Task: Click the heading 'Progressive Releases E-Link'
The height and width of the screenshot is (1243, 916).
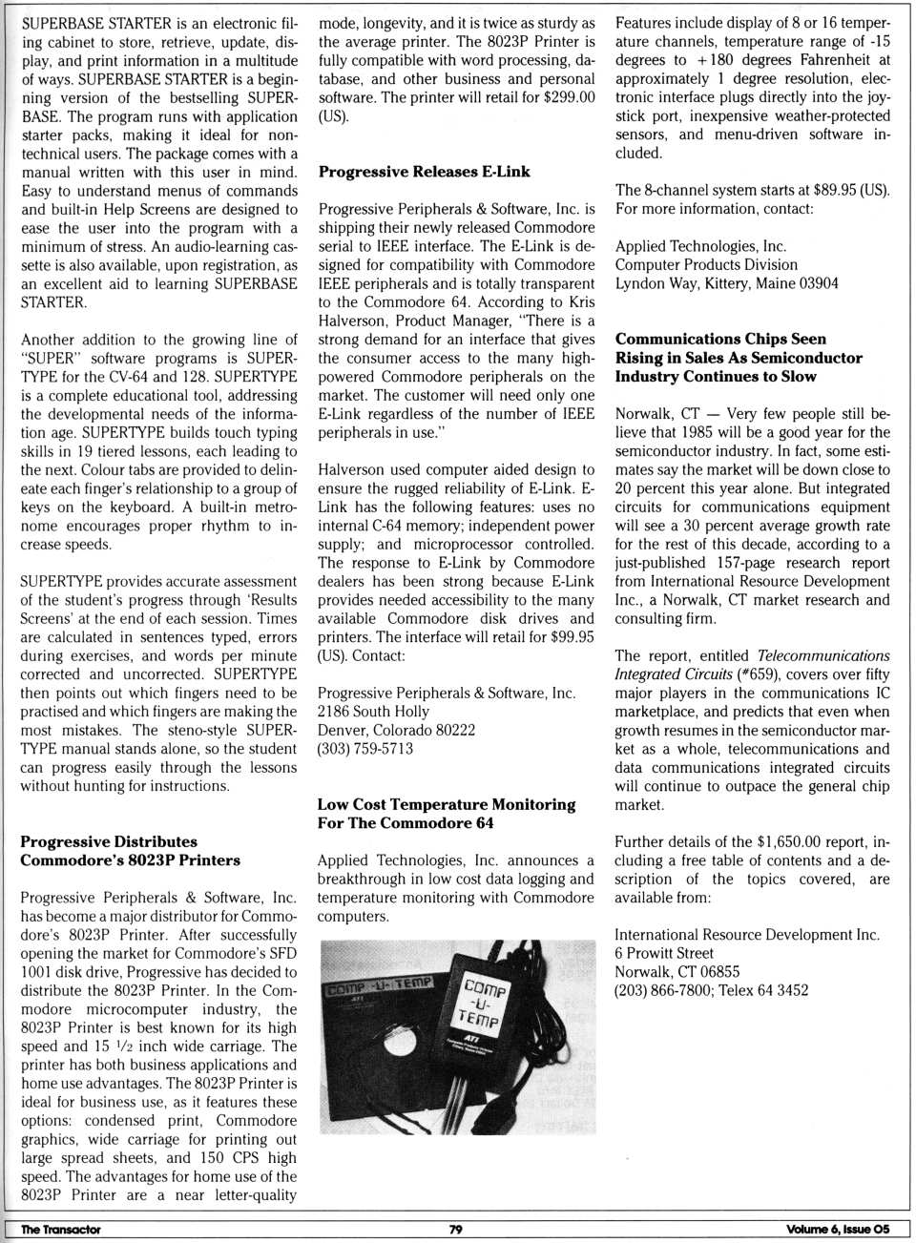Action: [424, 172]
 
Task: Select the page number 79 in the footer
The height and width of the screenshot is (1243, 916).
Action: [455, 1229]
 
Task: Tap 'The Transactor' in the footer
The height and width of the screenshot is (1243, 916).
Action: [60, 1229]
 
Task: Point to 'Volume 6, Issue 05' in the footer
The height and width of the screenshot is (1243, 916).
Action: [837, 1229]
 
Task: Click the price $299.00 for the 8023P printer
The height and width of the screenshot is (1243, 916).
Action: [569, 97]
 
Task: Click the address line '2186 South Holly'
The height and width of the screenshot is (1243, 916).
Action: [373, 712]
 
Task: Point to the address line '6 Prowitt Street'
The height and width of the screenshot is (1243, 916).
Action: [663, 953]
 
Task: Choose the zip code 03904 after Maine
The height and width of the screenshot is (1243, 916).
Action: [819, 283]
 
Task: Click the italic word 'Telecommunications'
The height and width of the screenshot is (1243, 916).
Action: [822, 655]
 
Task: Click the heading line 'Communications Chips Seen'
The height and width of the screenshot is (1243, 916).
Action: [720, 339]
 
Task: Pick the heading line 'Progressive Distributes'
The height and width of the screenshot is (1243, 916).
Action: [109, 841]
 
